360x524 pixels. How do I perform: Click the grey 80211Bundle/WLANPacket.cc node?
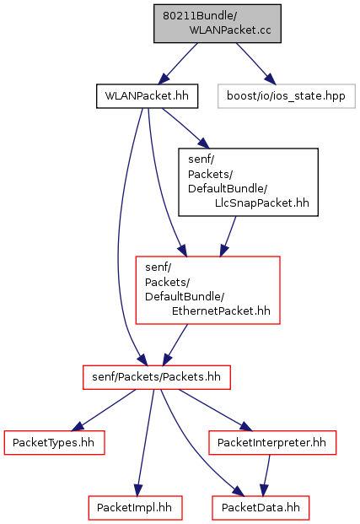coord(218,24)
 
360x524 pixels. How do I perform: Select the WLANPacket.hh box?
coord(147,96)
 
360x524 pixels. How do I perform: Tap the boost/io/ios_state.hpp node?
coord(286,96)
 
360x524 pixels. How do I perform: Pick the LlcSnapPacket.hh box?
coord(248,182)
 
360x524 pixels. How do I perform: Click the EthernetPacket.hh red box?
coord(207,290)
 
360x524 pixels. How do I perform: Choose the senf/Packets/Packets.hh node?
coord(157,377)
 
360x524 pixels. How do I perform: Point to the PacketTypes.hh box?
coord(54,442)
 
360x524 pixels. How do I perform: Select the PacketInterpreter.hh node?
coord(272,442)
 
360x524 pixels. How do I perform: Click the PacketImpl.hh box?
coord(135,508)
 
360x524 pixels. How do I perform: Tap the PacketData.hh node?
coord(261,508)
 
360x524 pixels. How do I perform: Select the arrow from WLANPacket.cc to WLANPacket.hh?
coord(178,63)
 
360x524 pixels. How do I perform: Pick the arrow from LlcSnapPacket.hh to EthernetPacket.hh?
coord(228,236)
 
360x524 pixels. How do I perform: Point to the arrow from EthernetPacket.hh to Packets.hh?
coord(175,345)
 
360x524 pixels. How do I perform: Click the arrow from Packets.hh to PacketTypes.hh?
coord(104,410)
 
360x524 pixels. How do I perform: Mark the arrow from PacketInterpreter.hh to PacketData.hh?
coord(266,476)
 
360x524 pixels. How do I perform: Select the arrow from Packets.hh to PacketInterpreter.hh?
coord(216,410)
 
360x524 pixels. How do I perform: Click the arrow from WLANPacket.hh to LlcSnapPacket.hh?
coord(185,128)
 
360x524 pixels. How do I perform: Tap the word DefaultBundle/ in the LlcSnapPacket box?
coord(228,189)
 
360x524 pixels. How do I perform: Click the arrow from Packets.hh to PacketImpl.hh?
coord(145,443)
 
